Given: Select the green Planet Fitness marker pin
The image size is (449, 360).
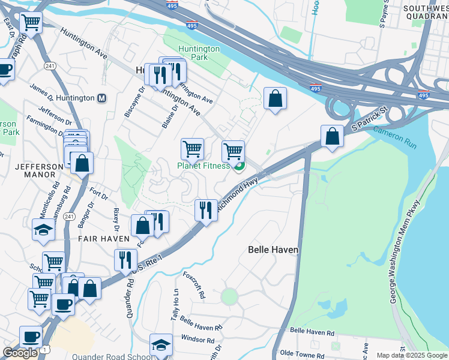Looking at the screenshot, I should click(x=239, y=166).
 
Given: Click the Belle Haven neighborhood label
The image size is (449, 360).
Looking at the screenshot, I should click(x=273, y=249).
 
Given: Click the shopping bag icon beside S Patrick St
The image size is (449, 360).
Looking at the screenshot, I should click(x=332, y=137).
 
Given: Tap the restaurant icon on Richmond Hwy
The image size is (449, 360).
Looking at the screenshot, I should click(x=206, y=210).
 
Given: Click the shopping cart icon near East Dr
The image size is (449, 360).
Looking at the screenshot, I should click(x=31, y=23).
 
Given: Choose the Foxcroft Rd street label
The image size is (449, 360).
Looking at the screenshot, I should click(x=194, y=287).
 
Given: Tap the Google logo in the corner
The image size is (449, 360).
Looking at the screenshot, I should click(x=20, y=352).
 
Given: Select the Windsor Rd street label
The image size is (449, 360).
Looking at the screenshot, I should click(x=197, y=340).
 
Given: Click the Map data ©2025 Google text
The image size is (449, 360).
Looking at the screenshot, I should click(x=412, y=355).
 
